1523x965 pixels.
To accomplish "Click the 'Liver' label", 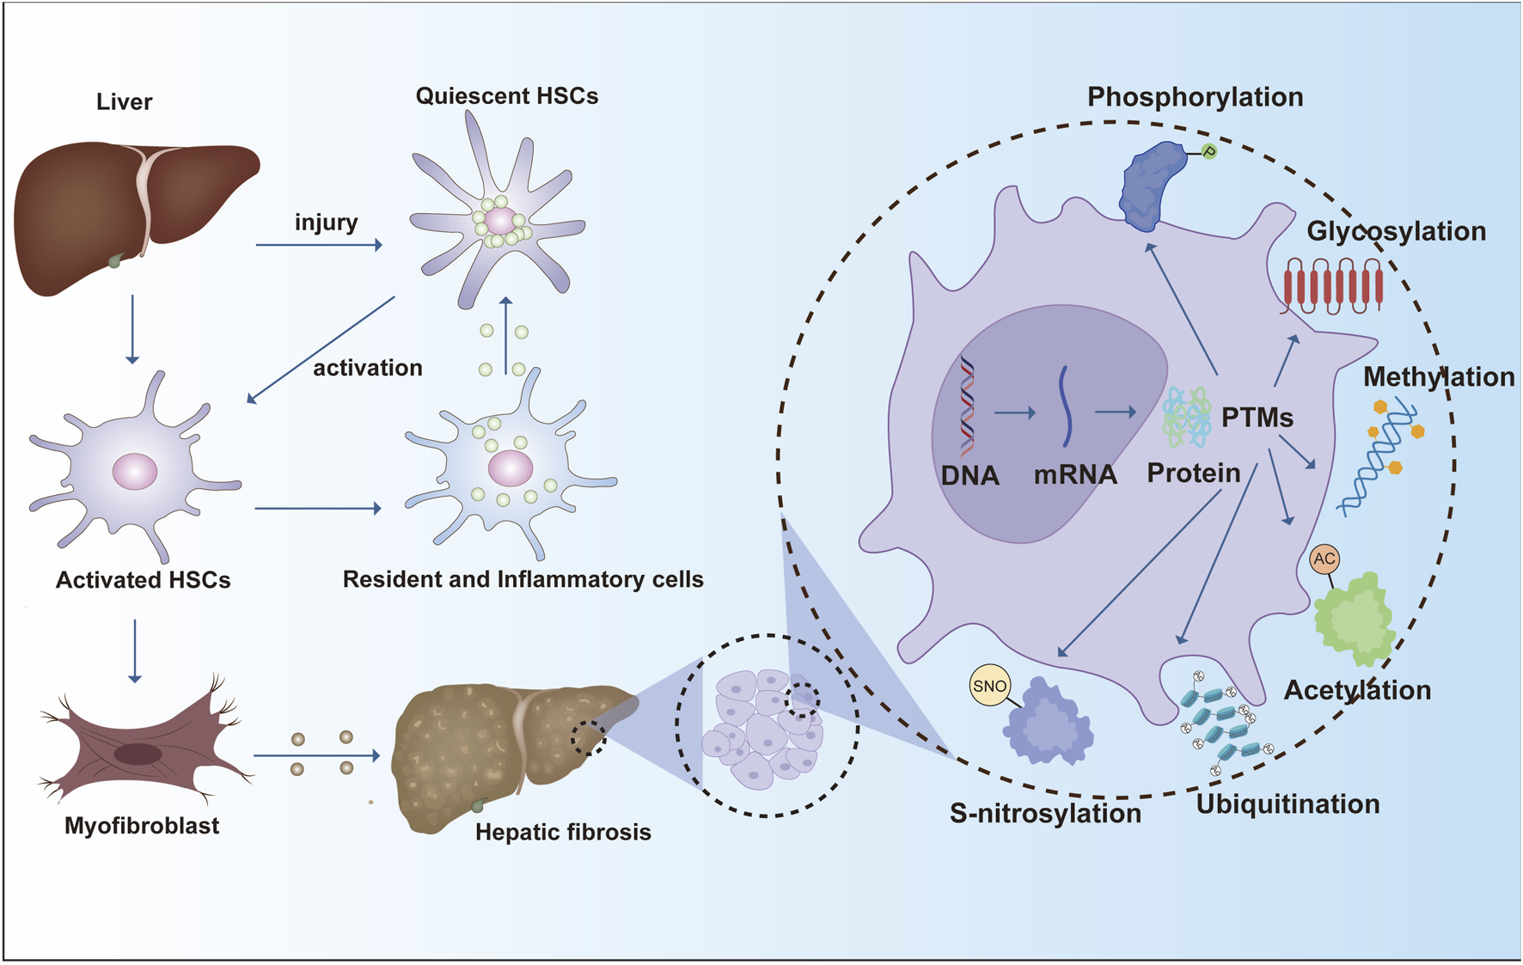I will click(x=124, y=101).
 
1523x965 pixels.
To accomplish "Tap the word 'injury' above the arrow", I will click(x=326, y=223).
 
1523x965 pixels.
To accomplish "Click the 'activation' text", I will click(x=367, y=368).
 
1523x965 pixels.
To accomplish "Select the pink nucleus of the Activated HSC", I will click(x=135, y=472).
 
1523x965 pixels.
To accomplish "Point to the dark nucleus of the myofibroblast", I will click(x=138, y=754).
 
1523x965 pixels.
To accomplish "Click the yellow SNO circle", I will click(x=989, y=686).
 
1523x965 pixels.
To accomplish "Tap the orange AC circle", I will click(x=1324, y=559).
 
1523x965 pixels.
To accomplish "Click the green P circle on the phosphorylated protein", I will click(x=1209, y=152).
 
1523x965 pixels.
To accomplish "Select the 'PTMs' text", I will click(x=1257, y=418).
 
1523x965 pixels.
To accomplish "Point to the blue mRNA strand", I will click(x=1066, y=406).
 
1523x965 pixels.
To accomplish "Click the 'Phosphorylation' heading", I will click(x=1195, y=97).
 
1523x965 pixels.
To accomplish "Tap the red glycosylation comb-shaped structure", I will click(x=1333, y=287).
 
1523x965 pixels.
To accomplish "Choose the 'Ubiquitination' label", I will click(x=1288, y=804).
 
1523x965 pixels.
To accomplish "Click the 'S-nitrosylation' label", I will click(x=1045, y=813).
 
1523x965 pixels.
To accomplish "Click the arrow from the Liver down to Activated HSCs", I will click(x=132, y=329).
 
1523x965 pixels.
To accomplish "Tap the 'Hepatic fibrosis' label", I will click(x=563, y=832).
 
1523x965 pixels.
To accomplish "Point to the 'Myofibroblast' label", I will click(x=142, y=826).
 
